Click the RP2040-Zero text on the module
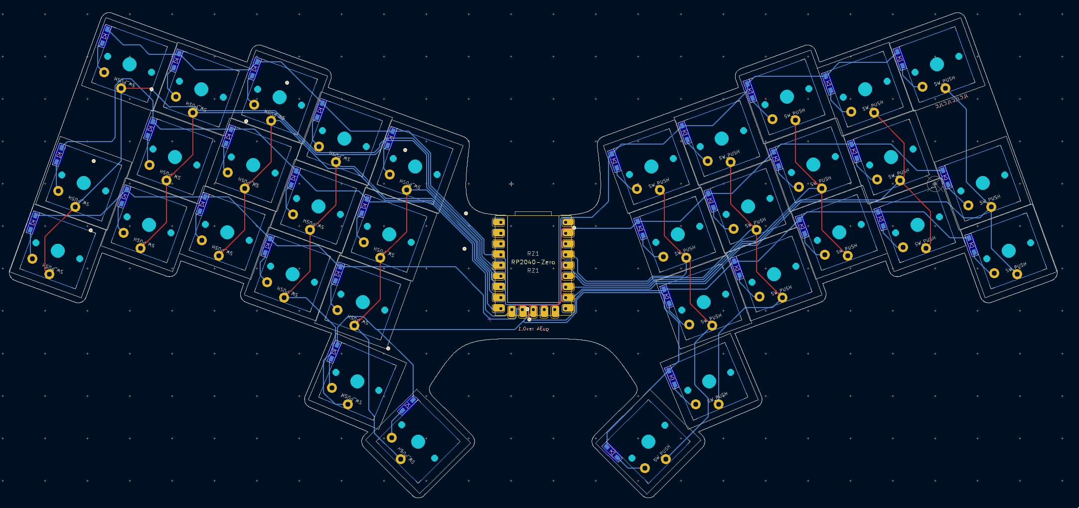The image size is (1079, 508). tap(533, 262)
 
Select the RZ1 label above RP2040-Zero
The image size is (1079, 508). tap(533, 253)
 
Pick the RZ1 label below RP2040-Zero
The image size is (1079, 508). tap(533, 271)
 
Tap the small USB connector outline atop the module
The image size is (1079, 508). tap(533, 213)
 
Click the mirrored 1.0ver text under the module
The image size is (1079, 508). tap(533, 329)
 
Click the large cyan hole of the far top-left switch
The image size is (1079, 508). tap(130, 64)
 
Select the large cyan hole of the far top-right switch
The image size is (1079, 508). tap(937, 64)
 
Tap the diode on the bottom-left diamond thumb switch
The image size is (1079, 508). tap(407, 406)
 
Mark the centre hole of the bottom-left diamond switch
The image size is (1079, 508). tap(418, 442)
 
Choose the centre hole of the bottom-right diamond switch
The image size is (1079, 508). tap(648, 442)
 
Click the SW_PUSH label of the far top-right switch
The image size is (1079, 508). tap(944, 80)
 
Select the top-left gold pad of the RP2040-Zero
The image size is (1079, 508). tap(498, 222)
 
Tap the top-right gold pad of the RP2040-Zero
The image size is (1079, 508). tap(568, 222)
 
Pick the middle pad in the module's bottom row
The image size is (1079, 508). tap(533, 312)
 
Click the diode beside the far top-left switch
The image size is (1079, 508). tap(105, 36)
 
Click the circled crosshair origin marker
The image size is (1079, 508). tap(934, 184)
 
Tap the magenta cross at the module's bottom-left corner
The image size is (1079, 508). tap(489, 320)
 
